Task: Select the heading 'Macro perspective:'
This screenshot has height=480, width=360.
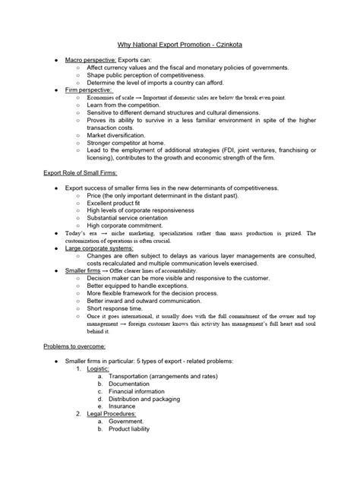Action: [x=90, y=59]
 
